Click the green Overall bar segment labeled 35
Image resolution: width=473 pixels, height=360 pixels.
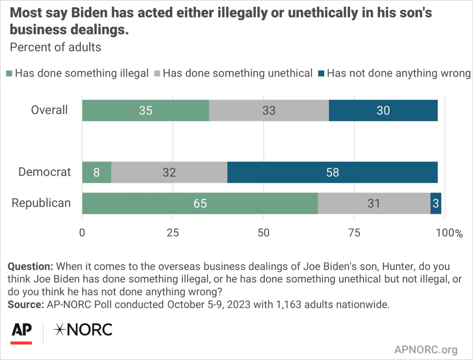click(146, 110)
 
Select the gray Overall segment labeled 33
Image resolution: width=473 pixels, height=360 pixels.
click(269, 110)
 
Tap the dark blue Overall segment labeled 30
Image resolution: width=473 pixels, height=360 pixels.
click(383, 110)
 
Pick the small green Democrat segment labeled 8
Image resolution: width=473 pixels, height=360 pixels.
click(97, 172)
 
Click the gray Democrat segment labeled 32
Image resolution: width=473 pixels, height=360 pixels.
click(169, 172)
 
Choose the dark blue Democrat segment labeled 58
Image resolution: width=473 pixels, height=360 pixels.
click(332, 172)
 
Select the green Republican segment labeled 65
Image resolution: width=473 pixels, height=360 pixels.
click(200, 203)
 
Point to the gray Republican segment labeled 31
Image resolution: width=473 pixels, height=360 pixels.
click(374, 203)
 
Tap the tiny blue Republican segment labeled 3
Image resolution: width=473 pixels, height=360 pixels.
click(436, 203)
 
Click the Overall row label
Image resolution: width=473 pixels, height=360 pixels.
click(49, 110)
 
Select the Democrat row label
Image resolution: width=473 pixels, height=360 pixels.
click(45, 172)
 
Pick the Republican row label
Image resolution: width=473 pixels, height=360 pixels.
click(41, 203)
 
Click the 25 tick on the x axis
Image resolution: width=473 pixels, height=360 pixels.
click(173, 233)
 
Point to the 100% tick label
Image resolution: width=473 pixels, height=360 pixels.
click(449, 233)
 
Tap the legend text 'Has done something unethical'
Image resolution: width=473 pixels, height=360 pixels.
click(237, 73)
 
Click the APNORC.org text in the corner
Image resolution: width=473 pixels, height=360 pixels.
click(426, 349)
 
